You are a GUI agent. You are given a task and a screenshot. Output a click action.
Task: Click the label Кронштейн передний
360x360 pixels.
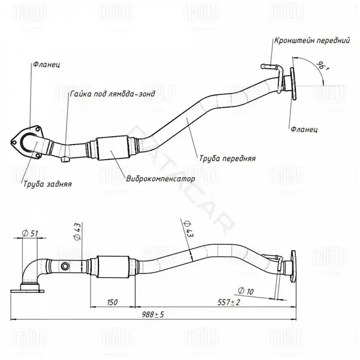pos(312,41)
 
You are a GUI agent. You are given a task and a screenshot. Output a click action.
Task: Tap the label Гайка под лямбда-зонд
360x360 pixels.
pos(113,94)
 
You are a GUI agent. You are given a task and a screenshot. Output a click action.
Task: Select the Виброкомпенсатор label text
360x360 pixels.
pos(160,178)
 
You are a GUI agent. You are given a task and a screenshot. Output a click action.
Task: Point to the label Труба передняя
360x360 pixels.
pos(227,158)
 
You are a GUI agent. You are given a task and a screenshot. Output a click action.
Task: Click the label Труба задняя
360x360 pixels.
pos(47,184)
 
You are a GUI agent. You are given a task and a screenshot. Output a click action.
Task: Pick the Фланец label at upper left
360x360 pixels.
pos(46,65)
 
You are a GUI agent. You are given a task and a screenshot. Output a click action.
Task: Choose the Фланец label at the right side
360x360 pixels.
pos(304,130)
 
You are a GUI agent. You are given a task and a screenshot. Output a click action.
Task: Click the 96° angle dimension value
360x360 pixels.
pos(323,65)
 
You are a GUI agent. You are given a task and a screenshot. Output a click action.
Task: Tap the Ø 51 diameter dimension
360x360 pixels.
pos(30,233)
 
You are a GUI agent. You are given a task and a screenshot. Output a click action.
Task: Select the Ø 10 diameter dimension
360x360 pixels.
pos(245,291)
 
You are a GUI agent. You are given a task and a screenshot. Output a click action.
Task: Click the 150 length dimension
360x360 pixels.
pos(112,302)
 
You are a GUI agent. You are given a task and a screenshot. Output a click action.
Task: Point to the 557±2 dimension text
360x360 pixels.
pos(229,302)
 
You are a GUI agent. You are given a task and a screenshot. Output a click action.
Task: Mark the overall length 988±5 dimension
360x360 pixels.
pos(152,314)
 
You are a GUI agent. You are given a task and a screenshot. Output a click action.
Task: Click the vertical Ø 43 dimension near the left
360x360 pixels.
pos(77,232)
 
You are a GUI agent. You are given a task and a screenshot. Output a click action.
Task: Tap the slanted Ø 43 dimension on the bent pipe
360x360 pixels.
pos(188,229)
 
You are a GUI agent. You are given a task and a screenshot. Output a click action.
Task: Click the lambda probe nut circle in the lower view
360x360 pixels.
pos(65,266)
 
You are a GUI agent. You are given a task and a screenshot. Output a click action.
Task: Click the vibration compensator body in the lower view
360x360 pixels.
pos(113,267)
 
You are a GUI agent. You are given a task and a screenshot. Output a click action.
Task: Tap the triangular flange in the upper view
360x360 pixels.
pos(27,142)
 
